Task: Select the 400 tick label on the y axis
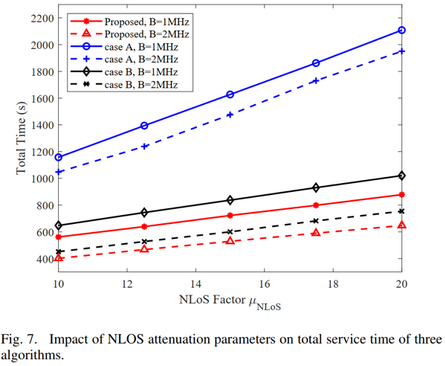tap(42, 259)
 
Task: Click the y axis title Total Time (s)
tap(22, 139)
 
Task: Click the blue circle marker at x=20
tap(401, 30)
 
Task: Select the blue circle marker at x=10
tap(58, 157)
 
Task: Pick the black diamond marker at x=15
tap(230, 200)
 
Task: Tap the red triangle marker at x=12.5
tap(144, 248)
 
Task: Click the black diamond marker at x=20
tap(401, 176)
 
